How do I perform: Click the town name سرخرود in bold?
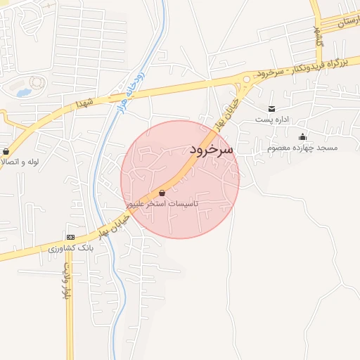tap(211, 150)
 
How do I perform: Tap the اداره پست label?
tap(272, 120)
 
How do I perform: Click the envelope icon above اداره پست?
tap(271, 108)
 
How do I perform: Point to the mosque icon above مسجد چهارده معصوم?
tap(303, 137)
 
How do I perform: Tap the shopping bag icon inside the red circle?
tap(162, 193)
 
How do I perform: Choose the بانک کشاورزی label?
tap(71, 248)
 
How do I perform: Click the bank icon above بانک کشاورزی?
tap(70, 237)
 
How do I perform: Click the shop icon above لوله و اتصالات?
tap(6, 150)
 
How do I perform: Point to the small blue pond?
tap(24, 92)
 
